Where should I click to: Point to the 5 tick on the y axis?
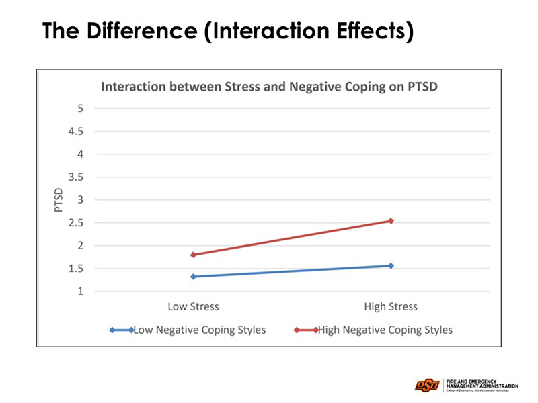pyautogui.click(x=81, y=108)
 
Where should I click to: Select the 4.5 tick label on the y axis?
pyautogui.click(x=77, y=131)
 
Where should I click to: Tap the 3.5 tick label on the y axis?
pyautogui.click(x=77, y=177)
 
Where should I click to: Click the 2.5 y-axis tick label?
pyautogui.click(x=77, y=223)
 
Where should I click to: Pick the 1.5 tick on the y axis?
pyautogui.click(x=77, y=269)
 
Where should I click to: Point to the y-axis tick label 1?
pyautogui.click(x=81, y=292)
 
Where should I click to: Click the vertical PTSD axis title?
pyautogui.click(x=59, y=199)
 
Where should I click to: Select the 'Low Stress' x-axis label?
pyautogui.click(x=193, y=307)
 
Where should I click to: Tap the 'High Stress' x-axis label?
pyautogui.click(x=391, y=307)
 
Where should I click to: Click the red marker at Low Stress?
pyautogui.click(x=193, y=255)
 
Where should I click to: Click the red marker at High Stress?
pyautogui.click(x=391, y=220)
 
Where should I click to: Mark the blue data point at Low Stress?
pyautogui.click(x=193, y=277)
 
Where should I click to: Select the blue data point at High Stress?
pyautogui.click(x=391, y=265)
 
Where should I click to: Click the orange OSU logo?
pyautogui.click(x=426, y=386)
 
